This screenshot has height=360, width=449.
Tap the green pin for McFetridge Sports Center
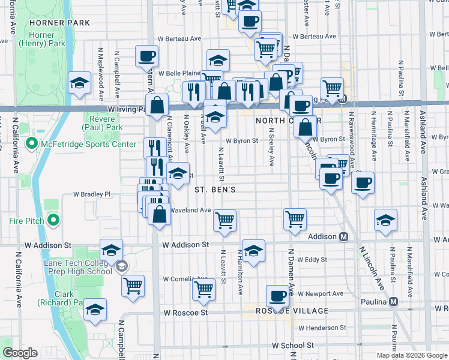31,144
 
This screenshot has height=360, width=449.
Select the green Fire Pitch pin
53,221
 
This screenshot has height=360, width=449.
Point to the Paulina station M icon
393,301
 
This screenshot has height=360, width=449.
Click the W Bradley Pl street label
92,194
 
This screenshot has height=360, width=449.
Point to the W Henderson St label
322,328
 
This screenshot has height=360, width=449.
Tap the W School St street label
293,346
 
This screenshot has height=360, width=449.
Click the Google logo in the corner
20,353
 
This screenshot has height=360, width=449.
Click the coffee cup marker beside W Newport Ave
277,296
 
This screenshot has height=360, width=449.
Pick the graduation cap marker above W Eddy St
253,251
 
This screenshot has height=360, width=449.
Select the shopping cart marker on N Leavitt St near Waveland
224,220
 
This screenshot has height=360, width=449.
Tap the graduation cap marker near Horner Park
79,85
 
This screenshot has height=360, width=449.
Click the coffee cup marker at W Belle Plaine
146,57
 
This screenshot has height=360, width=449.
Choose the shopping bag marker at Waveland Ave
159,215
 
